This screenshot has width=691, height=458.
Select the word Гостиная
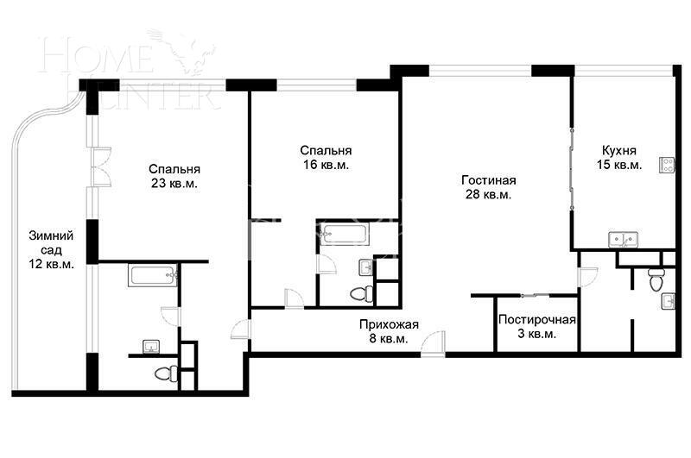click(x=488, y=180)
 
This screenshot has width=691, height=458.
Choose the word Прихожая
click(x=389, y=324)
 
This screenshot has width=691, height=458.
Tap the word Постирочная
click(x=536, y=320)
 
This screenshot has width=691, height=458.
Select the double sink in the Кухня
click(x=625, y=239)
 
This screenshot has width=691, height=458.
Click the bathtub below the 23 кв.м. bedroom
click(x=153, y=276)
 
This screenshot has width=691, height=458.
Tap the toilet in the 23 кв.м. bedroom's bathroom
click(x=163, y=373)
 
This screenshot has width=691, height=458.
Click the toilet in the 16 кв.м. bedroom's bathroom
click(x=360, y=293)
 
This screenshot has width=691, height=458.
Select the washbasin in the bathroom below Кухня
click(x=669, y=300)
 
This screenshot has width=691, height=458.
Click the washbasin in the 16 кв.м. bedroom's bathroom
click(x=365, y=267)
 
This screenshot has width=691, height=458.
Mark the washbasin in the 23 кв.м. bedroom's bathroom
click(x=152, y=348)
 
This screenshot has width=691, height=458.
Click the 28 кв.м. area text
click(x=488, y=195)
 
